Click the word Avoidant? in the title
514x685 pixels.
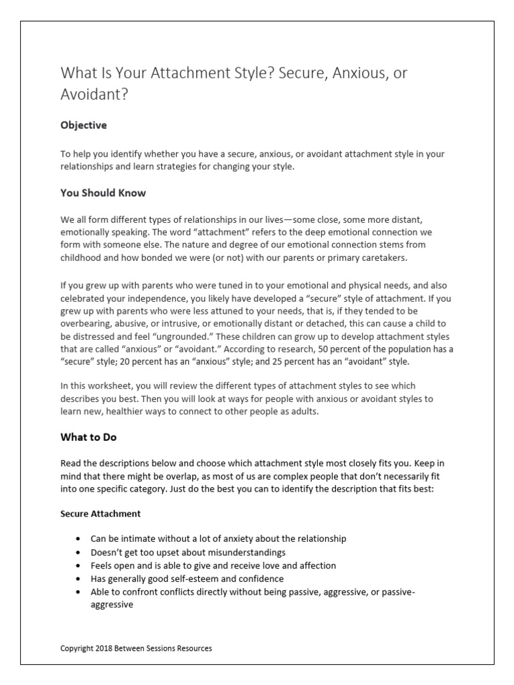pyautogui.click(x=93, y=94)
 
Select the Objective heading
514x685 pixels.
pyautogui.click(x=84, y=125)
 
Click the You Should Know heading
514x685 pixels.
pyautogui.click(x=103, y=193)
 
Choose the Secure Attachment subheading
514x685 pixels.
pyautogui.click(x=101, y=514)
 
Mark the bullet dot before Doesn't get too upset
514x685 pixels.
pyautogui.click(x=80, y=553)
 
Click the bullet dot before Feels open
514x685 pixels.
pyautogui.click(x=80, y=566)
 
